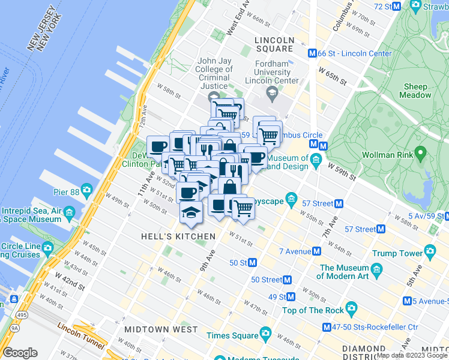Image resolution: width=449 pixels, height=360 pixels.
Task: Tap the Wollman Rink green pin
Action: tap(420, 153)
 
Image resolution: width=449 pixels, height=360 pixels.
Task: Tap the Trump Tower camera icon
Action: tap(430, 251)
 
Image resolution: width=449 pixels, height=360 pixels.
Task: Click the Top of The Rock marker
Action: tap(351, 310)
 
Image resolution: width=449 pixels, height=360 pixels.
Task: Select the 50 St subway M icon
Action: tap(253, 262)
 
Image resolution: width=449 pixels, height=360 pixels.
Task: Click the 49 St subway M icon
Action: tap(291, 296)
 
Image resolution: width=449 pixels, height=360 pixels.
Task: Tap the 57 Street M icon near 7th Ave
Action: tap(339, 203)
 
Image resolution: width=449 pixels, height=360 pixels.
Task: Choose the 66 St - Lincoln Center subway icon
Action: tap(312, 53)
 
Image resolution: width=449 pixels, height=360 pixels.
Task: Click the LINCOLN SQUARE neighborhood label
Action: tap(274, 40)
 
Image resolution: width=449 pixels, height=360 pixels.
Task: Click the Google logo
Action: tap(20, 353)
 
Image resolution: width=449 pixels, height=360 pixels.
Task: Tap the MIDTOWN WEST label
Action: tap(161, 329)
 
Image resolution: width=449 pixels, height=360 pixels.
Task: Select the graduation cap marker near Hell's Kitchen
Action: tap(191, 213)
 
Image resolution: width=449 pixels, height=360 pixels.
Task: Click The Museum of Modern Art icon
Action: tap(377, 268)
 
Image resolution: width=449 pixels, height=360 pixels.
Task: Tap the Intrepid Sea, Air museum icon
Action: tap(68, 212)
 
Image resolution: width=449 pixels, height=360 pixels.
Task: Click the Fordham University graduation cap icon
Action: tap(273, 92)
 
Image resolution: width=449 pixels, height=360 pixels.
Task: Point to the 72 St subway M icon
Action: tap(396, 6)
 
